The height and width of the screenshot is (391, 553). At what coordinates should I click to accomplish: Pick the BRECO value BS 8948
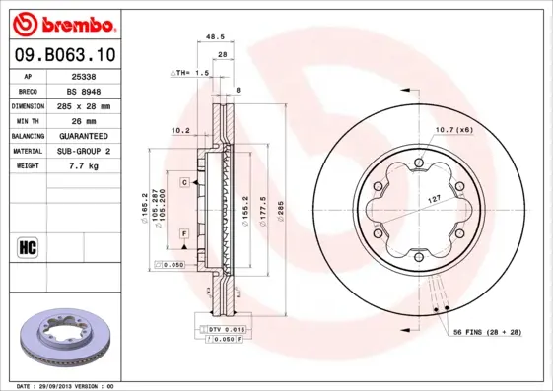tap(85, 90)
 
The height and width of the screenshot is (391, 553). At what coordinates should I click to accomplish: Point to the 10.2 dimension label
tap(180, 129)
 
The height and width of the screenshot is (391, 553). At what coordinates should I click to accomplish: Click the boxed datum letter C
tap(183, 183)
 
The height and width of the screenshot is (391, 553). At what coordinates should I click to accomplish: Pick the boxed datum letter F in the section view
tap(183, 231)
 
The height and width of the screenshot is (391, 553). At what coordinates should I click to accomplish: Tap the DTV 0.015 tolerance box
tap(227, 328)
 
